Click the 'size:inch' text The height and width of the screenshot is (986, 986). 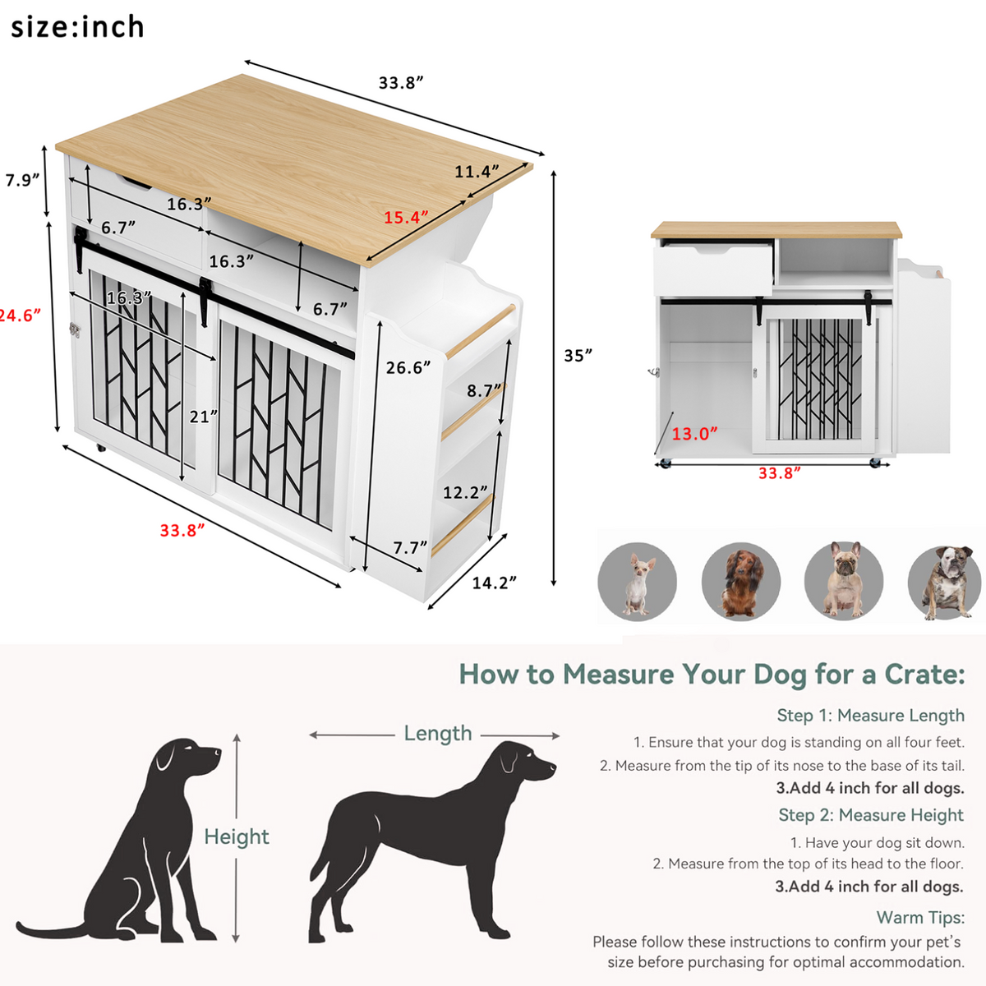tap(77, 26)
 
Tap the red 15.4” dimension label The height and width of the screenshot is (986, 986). tap(406, 218)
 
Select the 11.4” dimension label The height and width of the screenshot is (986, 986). tap(477, 172)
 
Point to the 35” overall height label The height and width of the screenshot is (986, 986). tap(578, 355)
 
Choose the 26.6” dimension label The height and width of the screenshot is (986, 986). tap(408, 367)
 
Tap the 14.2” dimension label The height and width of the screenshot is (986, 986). tap(495, 583)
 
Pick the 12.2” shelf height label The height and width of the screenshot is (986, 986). tap(465, 492)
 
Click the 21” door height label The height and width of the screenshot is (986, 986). tap(204, 417)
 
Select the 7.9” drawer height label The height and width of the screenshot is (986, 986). tap(22, 180)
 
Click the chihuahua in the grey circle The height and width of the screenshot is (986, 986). tap(637, 583)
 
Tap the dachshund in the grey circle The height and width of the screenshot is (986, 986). tap(740, 583)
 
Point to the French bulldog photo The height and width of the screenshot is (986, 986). tap(844, 580)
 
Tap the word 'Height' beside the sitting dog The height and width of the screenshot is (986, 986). tap(237, 837)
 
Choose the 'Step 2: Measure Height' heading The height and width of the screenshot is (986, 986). tap(871, 814)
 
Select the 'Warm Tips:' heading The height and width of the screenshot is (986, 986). tap(920, 918)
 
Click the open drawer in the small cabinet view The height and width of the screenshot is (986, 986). tap(713, 268)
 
